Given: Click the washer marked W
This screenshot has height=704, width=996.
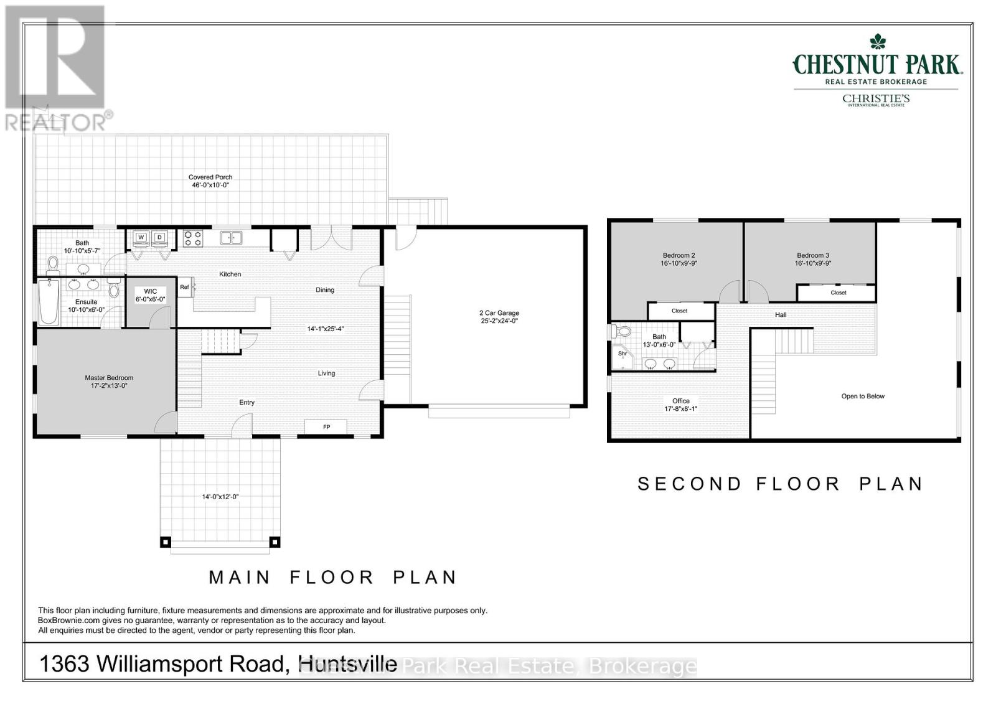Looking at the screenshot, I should tap(141, 237).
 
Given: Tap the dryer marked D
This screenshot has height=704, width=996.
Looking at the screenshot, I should tap(160, 237).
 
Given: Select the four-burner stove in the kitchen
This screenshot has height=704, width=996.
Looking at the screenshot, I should tap(192, 237).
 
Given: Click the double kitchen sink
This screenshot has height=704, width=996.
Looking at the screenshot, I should tap(231, 237).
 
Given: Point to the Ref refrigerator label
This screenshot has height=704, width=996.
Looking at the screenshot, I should tap(184, 287).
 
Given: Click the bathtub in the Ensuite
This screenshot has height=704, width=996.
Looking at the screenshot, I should tap(49, 302).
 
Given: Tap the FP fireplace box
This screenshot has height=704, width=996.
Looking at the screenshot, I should tap(326, 427).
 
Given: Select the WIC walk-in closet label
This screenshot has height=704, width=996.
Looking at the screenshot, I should tap(151, 291).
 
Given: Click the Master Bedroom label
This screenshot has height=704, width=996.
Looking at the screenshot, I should tap(109, 378).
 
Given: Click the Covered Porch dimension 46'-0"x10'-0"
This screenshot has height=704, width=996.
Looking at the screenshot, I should tap(210, 185).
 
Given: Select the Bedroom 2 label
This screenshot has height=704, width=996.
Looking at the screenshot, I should tap(679, 255).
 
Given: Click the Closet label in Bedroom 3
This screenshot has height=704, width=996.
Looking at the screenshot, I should tap(838, 293).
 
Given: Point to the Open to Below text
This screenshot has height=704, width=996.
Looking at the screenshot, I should tap(863, 396).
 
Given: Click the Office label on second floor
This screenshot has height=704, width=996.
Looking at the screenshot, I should tap(681, 401).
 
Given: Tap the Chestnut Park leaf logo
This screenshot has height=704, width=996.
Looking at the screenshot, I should tap(878, 42).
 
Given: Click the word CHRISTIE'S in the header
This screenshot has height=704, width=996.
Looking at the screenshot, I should tap(876, 98).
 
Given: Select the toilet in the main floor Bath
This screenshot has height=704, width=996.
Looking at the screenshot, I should tap(53, 265).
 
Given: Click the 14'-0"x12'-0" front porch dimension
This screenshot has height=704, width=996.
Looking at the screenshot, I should tap(220, 497).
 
